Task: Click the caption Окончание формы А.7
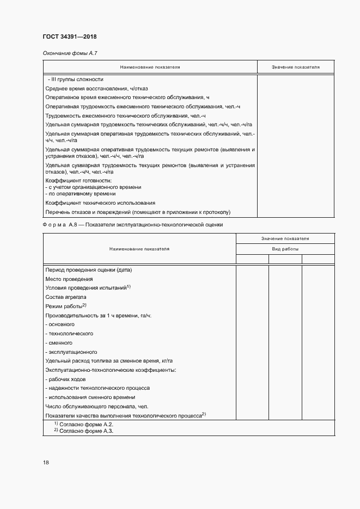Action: coord(69,53)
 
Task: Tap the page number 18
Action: coord(46,463)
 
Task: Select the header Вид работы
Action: coord(285,249)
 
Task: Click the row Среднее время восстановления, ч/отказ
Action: coord(96,88)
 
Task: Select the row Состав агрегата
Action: coord(66,297)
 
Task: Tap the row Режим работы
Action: coord(64,306)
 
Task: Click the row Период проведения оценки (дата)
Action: coord(89,269)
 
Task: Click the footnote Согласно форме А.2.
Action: coord(86,424)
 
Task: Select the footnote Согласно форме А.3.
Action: coord(86,431)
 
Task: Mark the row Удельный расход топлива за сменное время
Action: coord(109,361)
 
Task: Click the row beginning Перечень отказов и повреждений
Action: coord(139,212)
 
